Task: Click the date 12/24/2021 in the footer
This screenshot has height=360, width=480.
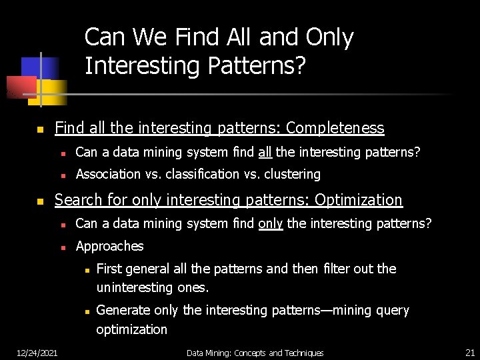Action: (x=37, y=352)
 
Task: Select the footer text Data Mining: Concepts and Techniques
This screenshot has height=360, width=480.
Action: (x=255, y=353)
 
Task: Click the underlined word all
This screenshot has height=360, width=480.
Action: (x=265, y=152)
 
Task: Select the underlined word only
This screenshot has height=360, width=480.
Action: (x=270, y=223)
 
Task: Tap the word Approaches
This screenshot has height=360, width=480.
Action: (x=109, y=246)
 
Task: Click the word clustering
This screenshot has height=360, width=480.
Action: (x=292, y=174)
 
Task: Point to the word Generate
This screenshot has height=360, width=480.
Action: (x=123, y=310)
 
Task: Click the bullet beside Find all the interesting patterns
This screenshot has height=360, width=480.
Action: (x=40, y=129)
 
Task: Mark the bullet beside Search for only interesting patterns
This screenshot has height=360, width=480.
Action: (x=40, y=201)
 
